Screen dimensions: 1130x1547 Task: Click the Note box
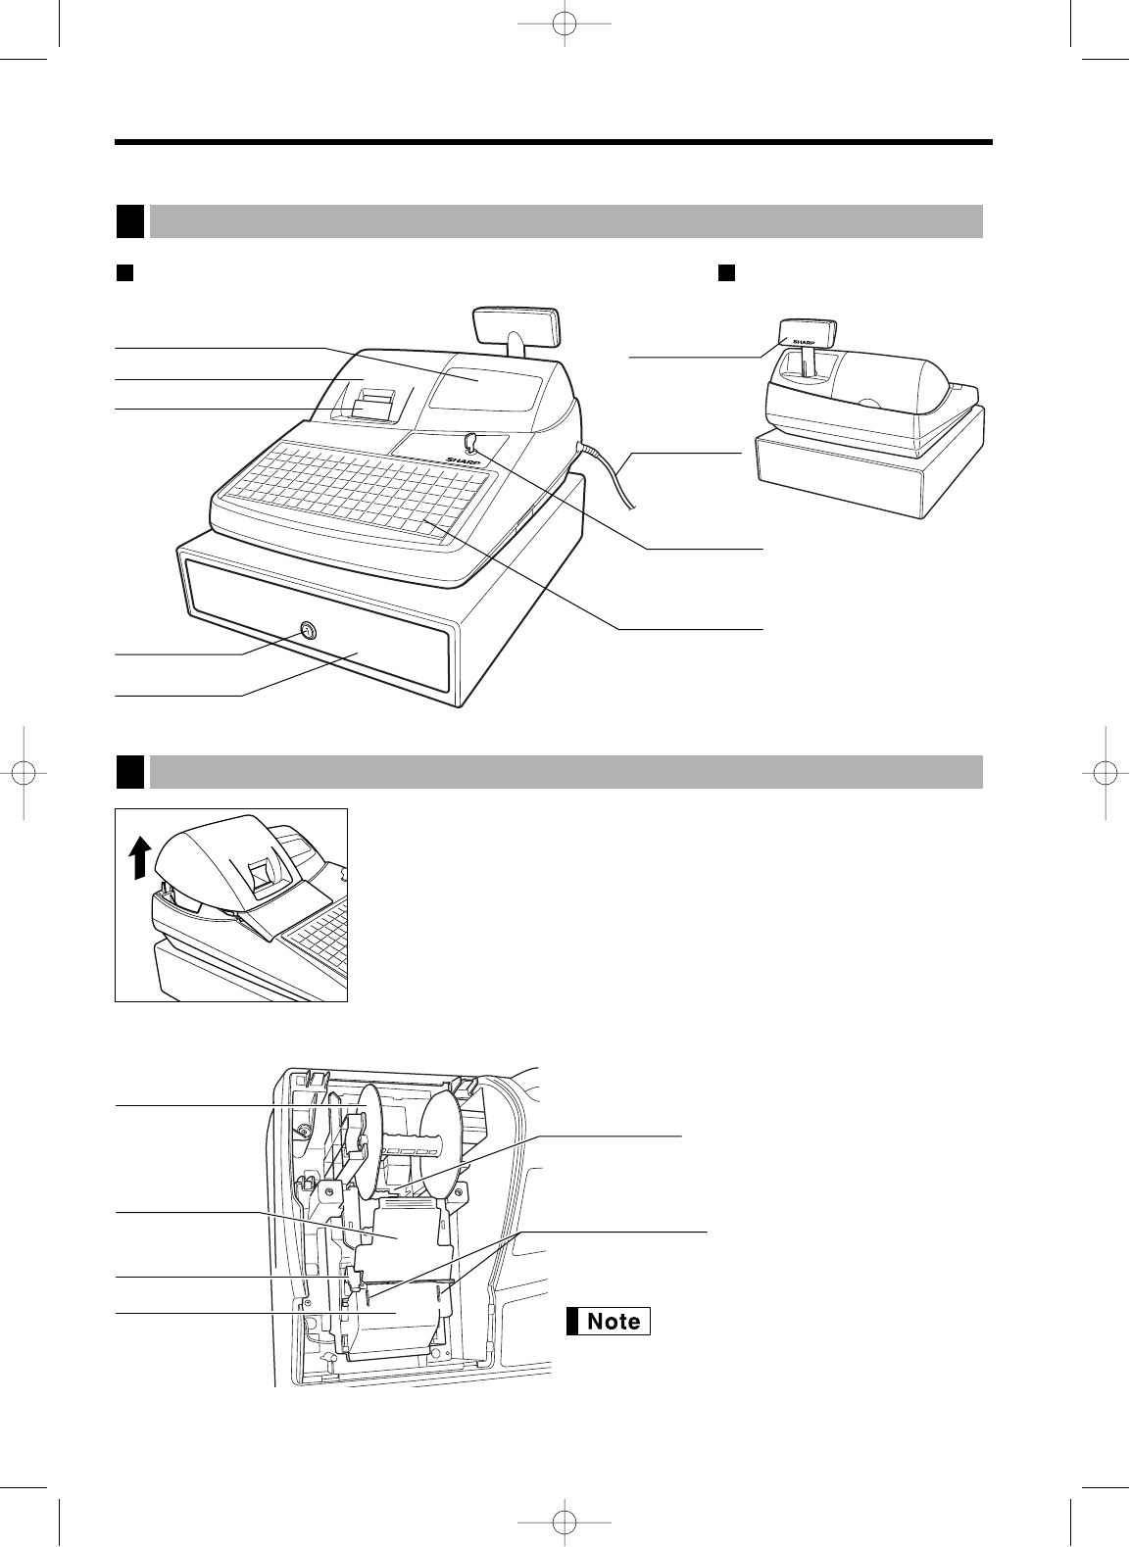point(609,1321)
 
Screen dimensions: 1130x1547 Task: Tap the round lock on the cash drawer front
point(309,632)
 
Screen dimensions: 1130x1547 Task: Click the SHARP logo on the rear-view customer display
point(804,343)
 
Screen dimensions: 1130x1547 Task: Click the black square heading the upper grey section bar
point(130,220)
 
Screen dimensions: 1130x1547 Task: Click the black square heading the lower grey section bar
point(130,771)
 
